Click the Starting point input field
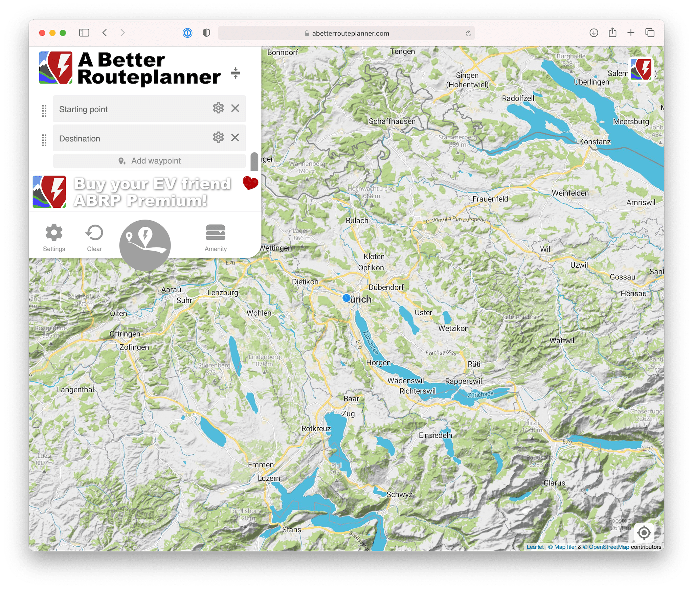[x=132, y=109]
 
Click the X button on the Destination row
[x=235, y=138]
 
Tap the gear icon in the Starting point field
[x=218, y=108]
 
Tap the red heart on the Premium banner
[x=250, y=183]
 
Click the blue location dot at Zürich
[x=346, y=298]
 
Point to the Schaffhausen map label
[x=392, y=121]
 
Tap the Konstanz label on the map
[x=595, y=142]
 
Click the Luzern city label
[x=269, y=478]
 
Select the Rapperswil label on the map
[x=463, y=381]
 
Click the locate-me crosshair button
[x=644, y=533]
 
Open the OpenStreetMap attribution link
[x=609, y=547]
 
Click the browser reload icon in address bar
[x=468, y=33]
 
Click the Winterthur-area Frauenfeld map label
[x=490, y=199]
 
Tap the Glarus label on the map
[x=554, y=483]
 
